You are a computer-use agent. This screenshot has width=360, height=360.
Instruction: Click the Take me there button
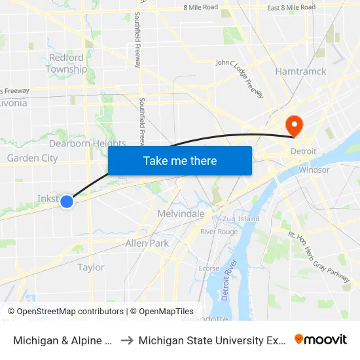[180, 160]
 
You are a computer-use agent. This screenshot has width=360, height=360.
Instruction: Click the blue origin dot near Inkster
[67, 202]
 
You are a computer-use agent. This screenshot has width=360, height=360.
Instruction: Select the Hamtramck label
[301, 71]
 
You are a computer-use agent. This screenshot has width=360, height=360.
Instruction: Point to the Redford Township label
[66, 63]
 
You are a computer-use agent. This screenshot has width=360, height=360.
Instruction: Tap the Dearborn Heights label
[87, 143]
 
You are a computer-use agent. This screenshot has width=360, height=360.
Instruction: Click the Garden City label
[32, 158]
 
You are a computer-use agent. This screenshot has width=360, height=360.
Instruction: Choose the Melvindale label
[181, 213]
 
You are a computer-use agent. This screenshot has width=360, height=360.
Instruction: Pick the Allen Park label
[147, 243]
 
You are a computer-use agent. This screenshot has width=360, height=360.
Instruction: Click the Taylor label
[91, 267]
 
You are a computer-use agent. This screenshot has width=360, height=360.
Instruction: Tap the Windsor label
[314, 170]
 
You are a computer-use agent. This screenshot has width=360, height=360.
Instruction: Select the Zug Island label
[241, 219]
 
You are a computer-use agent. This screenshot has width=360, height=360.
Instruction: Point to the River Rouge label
[219, 232]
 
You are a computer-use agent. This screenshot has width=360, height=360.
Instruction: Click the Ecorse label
[209, 268]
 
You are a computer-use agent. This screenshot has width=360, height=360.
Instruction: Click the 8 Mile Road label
[200, 7]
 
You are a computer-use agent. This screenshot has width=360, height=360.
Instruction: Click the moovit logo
[321, 340]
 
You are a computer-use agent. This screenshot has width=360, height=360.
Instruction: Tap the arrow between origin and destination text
[126, 340]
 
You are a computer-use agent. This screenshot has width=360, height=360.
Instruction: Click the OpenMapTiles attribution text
[162, 312]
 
